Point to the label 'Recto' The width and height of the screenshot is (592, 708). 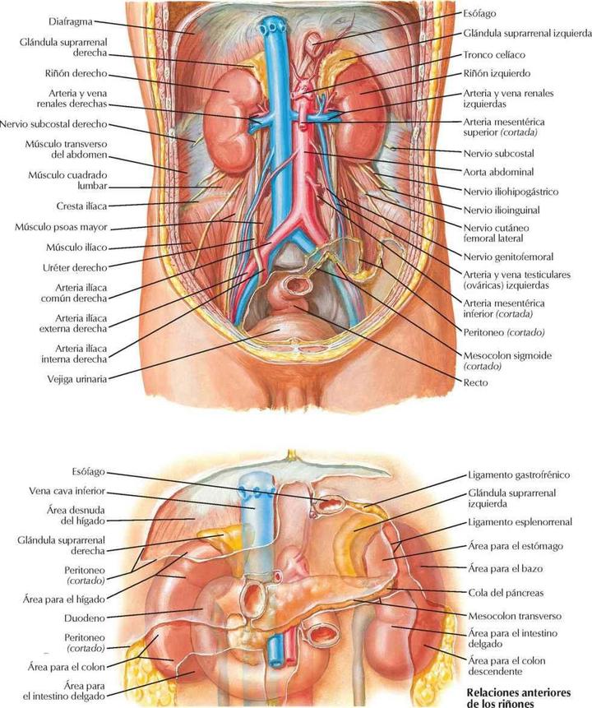coord(474,382)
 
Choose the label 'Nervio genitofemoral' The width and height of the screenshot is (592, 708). coord(507,257)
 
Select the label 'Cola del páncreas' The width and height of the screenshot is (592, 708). coord(505,592)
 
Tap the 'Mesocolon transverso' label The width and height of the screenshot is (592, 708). coord(516,613)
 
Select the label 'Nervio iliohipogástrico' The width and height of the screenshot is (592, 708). coord(511,192)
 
